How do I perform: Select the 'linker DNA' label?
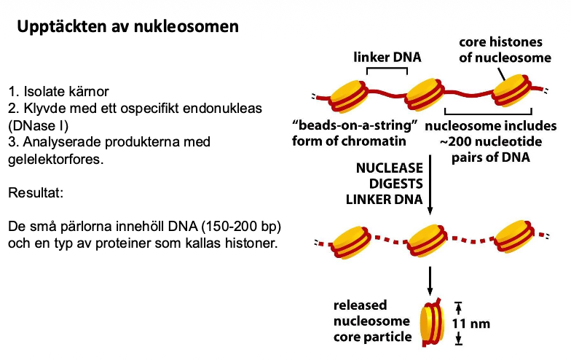pos(386,56)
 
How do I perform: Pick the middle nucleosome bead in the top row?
pos(425,93)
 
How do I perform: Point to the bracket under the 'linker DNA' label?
pos(386,69)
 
